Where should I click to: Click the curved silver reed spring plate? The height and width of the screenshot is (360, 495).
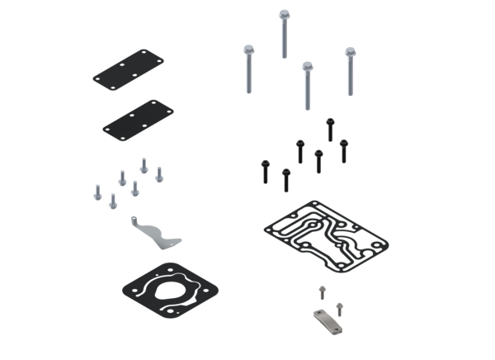point(157,235)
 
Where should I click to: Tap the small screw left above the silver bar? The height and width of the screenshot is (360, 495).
point(321,291)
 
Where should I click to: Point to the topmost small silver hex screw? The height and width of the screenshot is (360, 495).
point(144,163)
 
